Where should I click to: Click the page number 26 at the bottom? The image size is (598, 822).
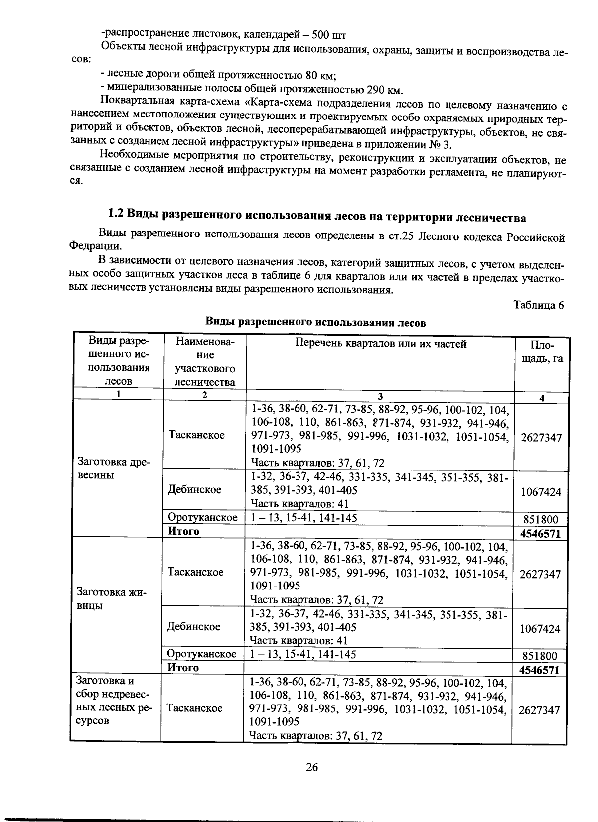click(x=312, y=767)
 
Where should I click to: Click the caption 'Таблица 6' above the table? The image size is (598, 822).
click(x=539, y=305)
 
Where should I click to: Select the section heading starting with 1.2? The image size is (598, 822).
click(x=317, y=217)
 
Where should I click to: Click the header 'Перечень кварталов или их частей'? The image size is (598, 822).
click(x=381, y=344)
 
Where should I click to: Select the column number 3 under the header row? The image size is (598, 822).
click(x=380, y=397)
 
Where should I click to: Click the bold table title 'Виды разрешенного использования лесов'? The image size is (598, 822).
click(x=316, y=323)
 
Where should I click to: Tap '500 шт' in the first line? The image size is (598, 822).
click(x=329, y=35)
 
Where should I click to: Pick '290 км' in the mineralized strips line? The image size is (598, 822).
click(x=384, y=90)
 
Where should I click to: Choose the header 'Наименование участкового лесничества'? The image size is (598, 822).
click(x=205, y=362)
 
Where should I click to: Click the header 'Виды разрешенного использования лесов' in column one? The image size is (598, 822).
click(x=119, y=361)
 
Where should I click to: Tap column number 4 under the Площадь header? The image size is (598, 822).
click(x=541, y=398)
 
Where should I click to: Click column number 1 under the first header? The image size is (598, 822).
click(x=119, y=395)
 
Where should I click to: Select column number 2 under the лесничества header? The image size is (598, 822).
click(x=204, y=395)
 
